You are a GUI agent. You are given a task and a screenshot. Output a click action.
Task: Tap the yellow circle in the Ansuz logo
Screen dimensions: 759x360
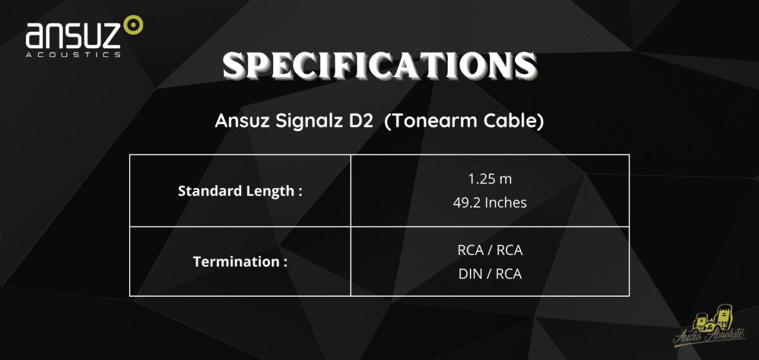tap(133, 25)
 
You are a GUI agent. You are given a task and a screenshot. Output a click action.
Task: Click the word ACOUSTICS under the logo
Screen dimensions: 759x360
tap(73, 54)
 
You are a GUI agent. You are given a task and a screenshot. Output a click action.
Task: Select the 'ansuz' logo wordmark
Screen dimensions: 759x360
tap(73, 35)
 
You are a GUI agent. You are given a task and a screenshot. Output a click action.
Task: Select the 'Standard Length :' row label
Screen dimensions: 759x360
tap(240, 191)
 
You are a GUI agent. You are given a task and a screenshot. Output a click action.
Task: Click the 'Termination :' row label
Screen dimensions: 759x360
tap(240, 262)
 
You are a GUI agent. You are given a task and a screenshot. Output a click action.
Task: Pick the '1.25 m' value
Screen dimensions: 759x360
tap(490, 179)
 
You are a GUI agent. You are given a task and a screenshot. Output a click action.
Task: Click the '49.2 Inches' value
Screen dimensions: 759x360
tap(490, 202)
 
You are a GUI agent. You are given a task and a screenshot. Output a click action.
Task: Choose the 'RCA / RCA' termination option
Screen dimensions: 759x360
tap(490, 250)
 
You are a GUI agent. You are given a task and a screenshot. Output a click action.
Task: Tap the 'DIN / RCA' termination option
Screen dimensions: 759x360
tap(490, 274)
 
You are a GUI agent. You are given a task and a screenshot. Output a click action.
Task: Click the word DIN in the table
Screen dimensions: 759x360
tap(471, 274)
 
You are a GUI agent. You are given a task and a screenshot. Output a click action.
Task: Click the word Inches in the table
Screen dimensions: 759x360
tap(505, 202)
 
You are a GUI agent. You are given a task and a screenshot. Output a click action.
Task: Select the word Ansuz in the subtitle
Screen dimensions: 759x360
tap(242, 121)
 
